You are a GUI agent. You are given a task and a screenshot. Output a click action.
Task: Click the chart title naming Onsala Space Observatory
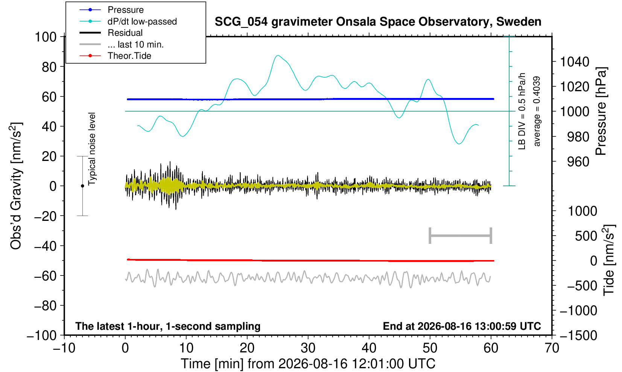tap(378, 22)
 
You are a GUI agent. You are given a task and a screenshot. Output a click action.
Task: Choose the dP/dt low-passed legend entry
tap(128, 21)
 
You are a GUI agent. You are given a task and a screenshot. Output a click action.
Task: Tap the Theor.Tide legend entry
tap(115, 56)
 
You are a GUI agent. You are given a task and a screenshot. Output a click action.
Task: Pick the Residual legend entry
tap(111, 33)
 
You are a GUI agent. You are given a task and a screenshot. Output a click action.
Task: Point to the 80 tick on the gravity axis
tap(49, 67)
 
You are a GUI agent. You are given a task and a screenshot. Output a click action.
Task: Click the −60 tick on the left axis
tap(45, 276)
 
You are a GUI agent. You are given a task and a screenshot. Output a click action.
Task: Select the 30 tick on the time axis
tap(308, 348)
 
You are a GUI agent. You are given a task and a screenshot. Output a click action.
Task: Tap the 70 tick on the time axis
tap(552, 348)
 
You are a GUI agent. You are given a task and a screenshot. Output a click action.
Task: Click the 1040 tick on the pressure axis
tap(575, 62)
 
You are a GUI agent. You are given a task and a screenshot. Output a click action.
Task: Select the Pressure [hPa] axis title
tap(601, 111)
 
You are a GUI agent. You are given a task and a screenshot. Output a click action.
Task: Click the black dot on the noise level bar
tap(82, 186)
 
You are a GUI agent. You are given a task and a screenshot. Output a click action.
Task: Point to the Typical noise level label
tap(92, 149)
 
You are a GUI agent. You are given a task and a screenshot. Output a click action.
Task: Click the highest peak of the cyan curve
tap(278, 55)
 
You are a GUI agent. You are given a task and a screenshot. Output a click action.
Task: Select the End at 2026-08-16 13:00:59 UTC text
tap(462, 326)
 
